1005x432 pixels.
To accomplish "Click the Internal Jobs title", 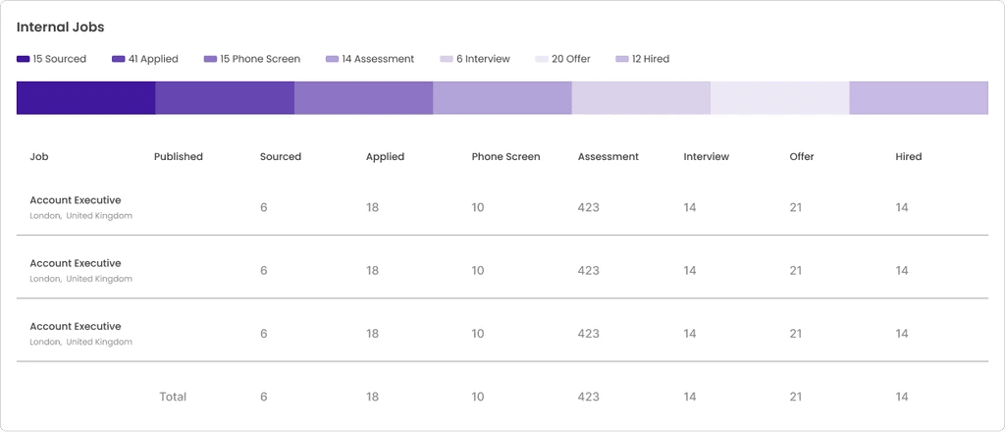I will [x=60, y=27].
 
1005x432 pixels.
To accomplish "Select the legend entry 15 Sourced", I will [x=52, y=59].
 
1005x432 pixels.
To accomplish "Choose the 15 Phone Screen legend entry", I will [x=252, y=59].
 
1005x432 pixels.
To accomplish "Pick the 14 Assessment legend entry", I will [x=370, y=59].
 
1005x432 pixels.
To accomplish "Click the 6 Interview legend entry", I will [x=476, y=59].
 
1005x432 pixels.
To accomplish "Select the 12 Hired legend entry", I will [x=643, y=59].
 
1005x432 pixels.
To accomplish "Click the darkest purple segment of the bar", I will [x=85, y=98].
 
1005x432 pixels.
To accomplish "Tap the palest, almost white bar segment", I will [x=779, y=98].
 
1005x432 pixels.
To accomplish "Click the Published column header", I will [x=179, y=157].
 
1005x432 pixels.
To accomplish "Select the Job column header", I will [x=39, y=157].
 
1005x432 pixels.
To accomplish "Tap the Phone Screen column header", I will [x=505, y=157].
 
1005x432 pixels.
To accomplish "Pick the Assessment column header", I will [x=608, y=157].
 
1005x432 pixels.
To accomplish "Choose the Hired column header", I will [x=908, y=157].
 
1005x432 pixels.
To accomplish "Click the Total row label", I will [x=173, y=397].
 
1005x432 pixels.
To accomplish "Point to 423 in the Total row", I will [x=588, y=397].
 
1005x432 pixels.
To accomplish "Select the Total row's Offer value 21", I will [x=796, y=397].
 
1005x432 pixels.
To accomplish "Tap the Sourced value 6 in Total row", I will [x=263, y=397].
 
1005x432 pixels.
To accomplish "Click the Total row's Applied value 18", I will [x=372, y=397].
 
